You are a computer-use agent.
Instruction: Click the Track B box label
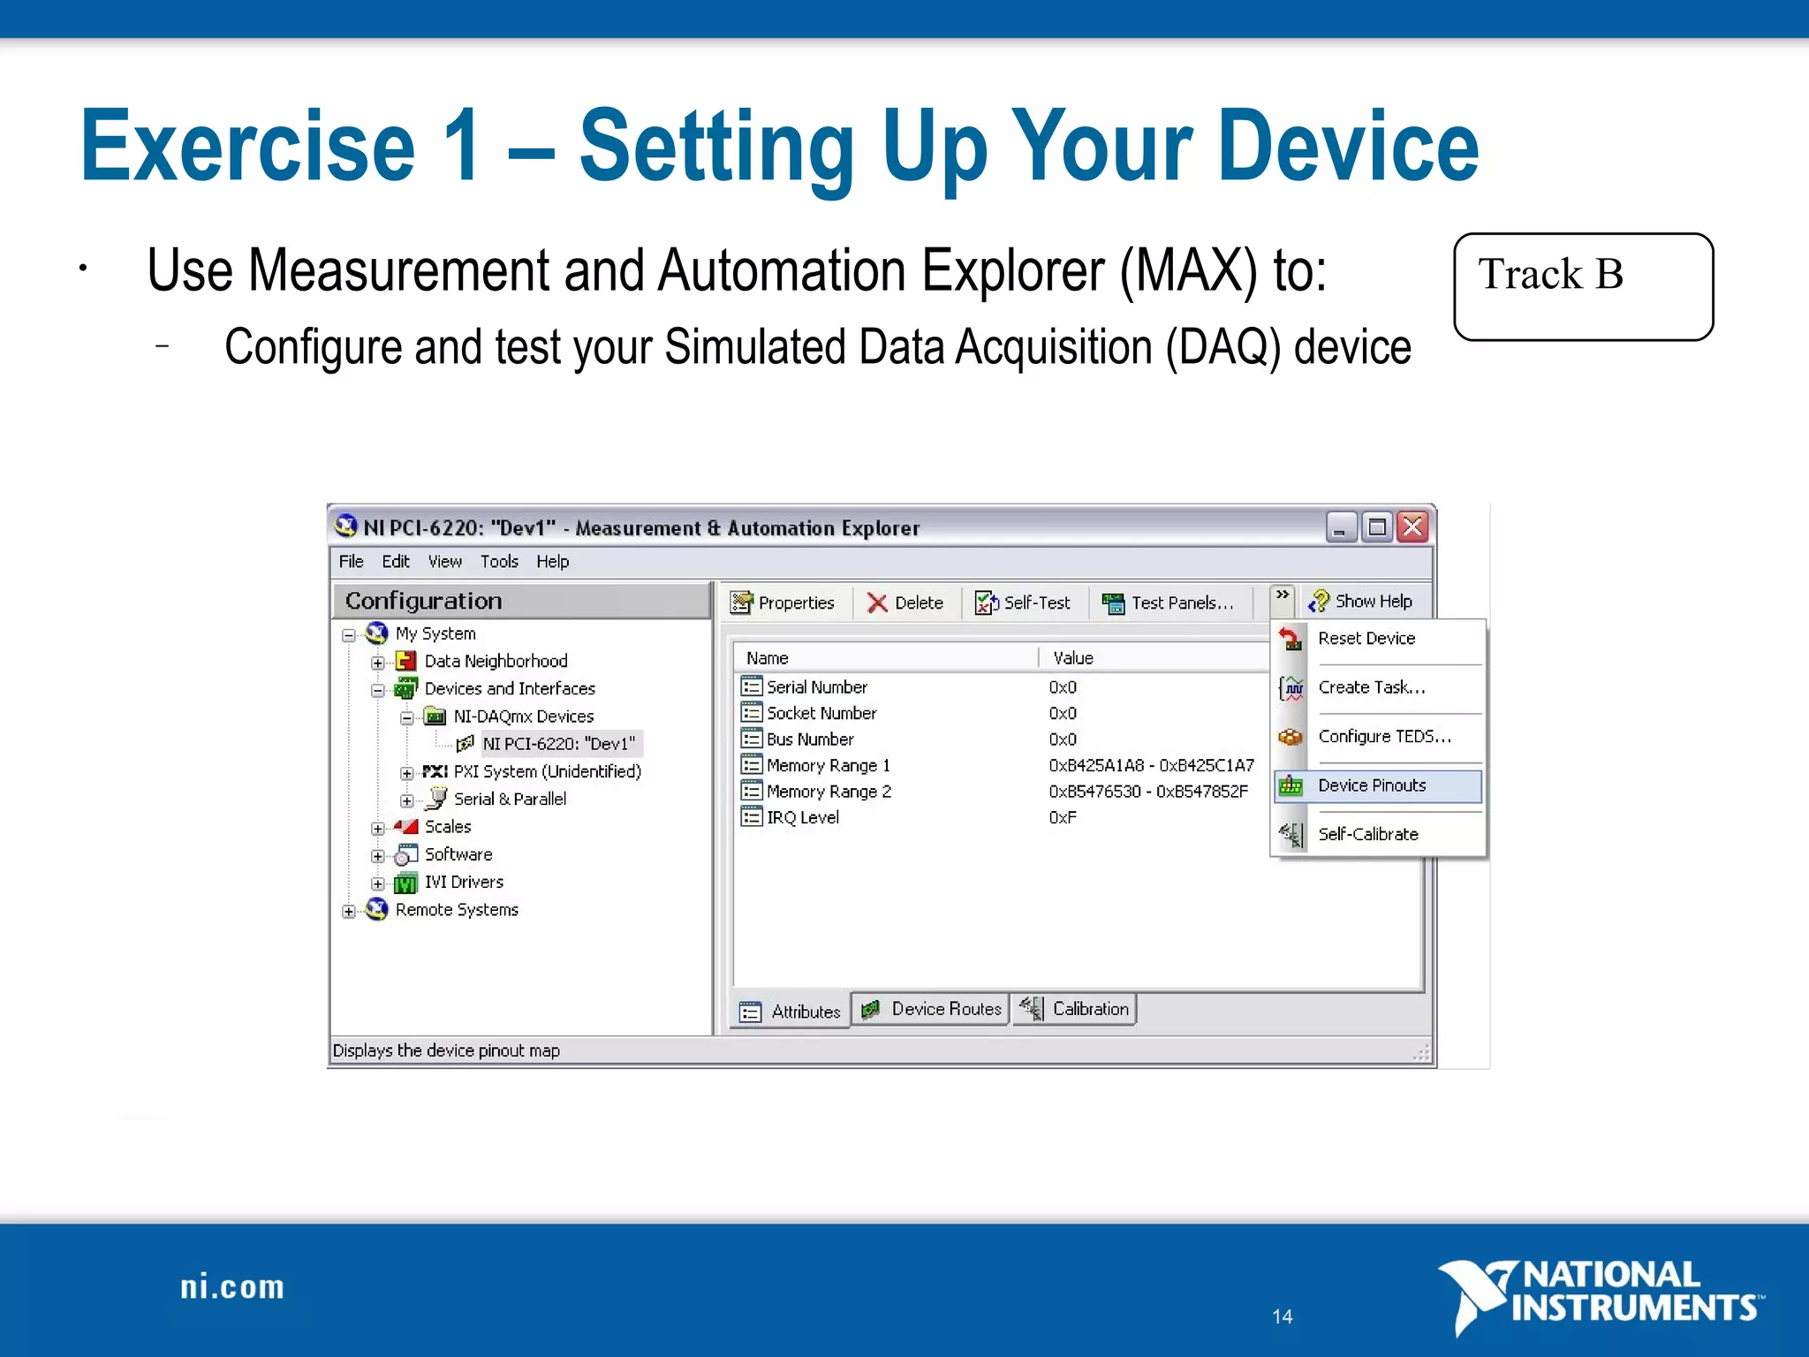pos(1550,274)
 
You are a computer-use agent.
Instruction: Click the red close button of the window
pos(1413,527)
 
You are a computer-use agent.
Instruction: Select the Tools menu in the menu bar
pos(499,562)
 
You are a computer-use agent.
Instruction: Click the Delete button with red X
pos(905,603)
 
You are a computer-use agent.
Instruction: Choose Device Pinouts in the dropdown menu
pos(1372,785)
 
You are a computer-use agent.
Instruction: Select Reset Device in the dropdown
pos(1366,638)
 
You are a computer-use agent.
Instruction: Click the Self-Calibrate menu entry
pos(1368,834)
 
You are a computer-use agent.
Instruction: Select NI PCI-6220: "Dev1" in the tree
pos(558,744)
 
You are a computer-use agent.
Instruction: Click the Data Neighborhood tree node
pos(496,661)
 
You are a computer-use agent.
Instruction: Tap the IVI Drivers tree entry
pos(464,882)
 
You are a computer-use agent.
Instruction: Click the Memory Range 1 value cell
pos(1151,765)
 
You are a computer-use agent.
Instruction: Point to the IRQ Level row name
pos(802,817)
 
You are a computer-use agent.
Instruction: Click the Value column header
pos(1073,658)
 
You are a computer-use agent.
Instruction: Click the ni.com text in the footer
pos(232,1287)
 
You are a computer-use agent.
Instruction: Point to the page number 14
pos(1283,1316)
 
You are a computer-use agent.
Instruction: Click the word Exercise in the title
pos(247,146)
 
